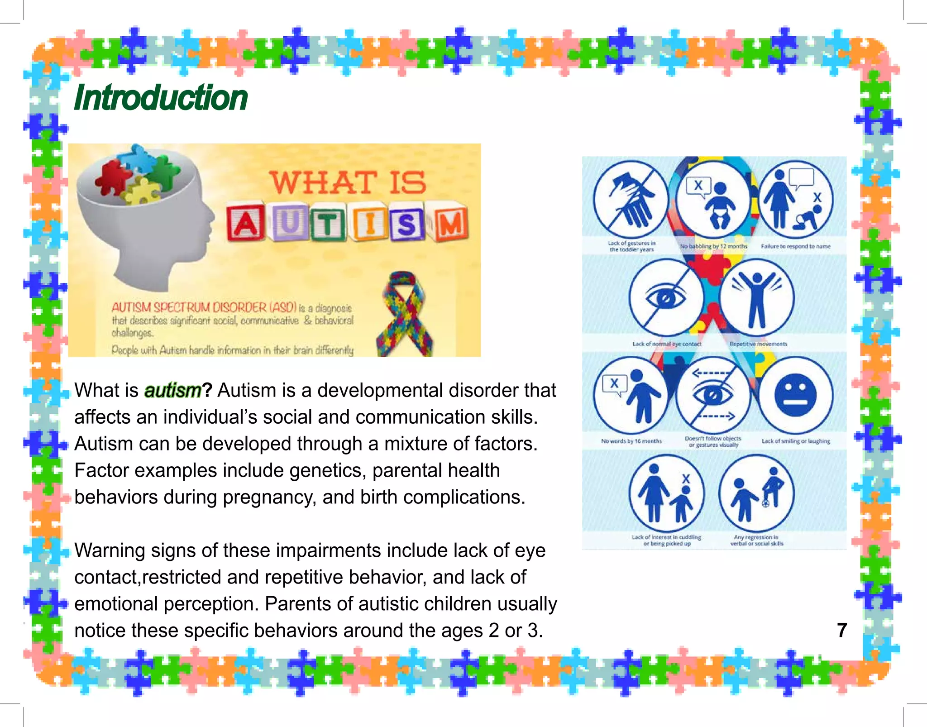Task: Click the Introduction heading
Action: [161, 98]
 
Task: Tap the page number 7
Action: [841, 630]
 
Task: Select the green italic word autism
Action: [172, 390]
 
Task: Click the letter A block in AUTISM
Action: [245, 223]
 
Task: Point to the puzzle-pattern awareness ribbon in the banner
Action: [403, 313]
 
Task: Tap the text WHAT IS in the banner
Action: [348, 182]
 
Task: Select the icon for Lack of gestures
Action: [631, 199]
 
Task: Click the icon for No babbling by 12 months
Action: [713, 199]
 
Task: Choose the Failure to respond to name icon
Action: [795, 199]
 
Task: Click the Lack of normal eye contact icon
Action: [666, 297]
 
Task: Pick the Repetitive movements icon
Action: [756, 297]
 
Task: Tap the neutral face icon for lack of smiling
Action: [795, 394]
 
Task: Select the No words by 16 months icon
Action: [631, 394]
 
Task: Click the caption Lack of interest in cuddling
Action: [666, 540]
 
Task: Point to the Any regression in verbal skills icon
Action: [756, 493]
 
